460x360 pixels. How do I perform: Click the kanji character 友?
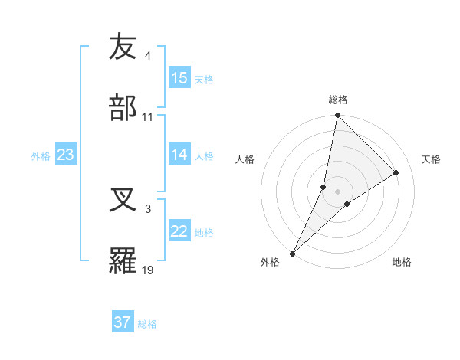tap(123, 47)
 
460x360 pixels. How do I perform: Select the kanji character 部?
tap(123, 108)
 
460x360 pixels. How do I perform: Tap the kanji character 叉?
tap(123, 200)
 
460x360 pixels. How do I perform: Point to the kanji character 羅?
tap(123, 261)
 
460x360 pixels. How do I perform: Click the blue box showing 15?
tap(179, 78)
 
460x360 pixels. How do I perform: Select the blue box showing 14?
tap(179, 155)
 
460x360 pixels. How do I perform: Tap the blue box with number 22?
tap(179, 231)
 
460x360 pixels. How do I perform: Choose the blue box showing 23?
tap(65, 155)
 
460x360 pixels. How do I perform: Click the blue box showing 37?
tap(122, 322)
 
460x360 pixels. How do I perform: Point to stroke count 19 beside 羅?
tap(148, 270)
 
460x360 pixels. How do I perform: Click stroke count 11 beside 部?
tap(148, 116)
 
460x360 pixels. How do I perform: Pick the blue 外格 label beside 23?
tap(41, 155)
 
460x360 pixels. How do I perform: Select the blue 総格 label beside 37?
tap(147, 323)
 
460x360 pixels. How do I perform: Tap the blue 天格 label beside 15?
tap(204, 79)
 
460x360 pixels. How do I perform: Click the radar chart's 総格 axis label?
tap(338, 100)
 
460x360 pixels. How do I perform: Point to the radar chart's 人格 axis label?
tap(245, 159)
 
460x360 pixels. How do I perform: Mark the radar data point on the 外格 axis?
tap(293, 253)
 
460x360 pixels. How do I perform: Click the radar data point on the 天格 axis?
tap(396, 172)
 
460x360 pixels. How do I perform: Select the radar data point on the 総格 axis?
tap(338, 116)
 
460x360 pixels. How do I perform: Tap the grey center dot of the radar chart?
tap(338, 191)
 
